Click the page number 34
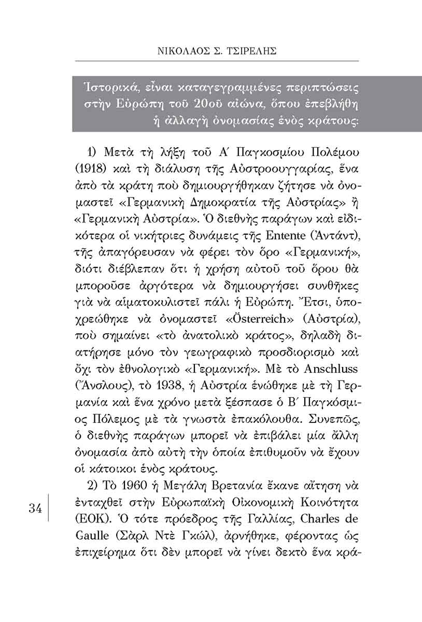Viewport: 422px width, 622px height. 35,508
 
